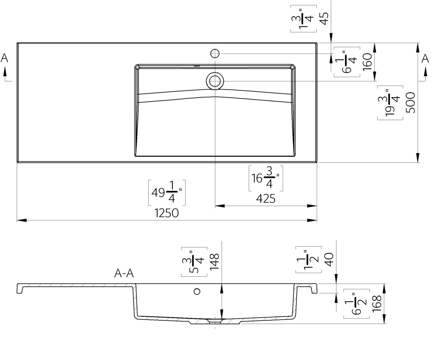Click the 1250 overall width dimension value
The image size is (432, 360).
click(166, 213)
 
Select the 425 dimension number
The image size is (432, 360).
click(266, 198)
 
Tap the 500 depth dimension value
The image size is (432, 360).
click(410, 103)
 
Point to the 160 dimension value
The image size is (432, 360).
click(368, 62)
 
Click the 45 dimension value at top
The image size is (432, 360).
click(325, 18)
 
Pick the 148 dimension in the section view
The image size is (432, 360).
click(214, 261)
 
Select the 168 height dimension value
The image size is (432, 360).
click(377, 304)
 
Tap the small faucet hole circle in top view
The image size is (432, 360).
click(215, 54)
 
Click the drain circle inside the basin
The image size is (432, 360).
click(215, 81)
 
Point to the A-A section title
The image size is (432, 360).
click(124, 273)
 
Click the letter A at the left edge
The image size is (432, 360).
click(5, 58)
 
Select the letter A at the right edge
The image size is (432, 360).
click(425, 58)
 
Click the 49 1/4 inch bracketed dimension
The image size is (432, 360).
click(167, 193)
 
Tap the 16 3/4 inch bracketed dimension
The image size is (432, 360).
click(266, 178)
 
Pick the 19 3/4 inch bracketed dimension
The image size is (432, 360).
click(390, 103)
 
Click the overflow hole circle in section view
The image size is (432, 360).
click(197, 291)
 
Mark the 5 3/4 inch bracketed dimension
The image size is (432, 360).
click(194, 262)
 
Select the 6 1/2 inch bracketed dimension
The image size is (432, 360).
click(356, 304)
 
